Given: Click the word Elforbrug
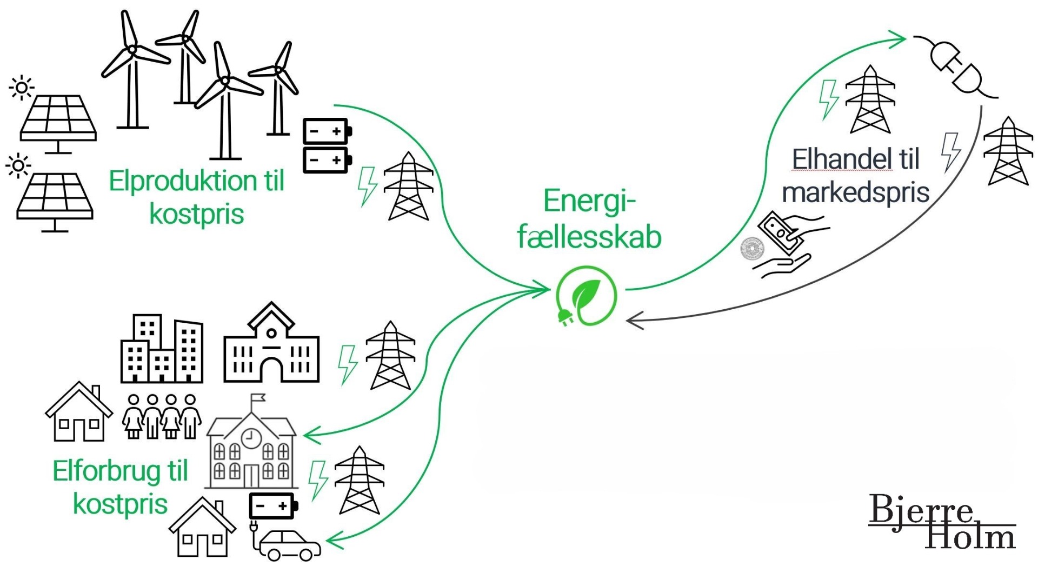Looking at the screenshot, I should click(x=106, y=471).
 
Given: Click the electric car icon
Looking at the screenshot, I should click(x=289, y=545).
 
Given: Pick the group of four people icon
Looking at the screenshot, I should click(x=162, y=416).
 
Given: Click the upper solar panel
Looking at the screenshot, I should click(x=58, y=118).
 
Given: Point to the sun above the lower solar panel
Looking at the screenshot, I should click(x=18, y=165).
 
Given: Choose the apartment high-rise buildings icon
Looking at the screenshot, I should click(x=161, y=349).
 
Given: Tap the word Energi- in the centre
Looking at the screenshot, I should click(x=589, y=201).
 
